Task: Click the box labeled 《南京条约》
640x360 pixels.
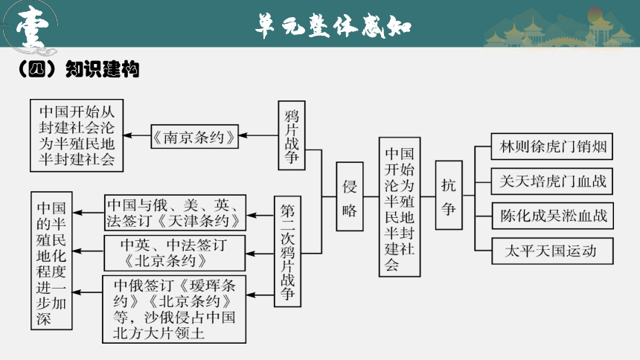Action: coord(194,136)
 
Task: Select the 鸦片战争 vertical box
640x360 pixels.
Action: coord(292,135)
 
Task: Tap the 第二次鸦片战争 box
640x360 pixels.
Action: coord(287,251)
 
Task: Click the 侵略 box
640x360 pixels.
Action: coord(349,196)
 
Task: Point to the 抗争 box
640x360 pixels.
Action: coord(449,195)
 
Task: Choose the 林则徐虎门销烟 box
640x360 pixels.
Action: coord(552,146)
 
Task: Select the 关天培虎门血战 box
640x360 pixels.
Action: coord(552,181)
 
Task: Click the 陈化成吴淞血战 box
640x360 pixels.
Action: coord(552,216)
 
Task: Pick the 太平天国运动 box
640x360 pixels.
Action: coord(552,251)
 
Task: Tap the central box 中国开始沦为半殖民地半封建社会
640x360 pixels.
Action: coord(400,207)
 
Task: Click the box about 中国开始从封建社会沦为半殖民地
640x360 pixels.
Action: coord(77,135)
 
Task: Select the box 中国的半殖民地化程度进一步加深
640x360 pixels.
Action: coord(51,260)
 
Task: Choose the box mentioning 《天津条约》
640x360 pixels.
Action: coord(175,213)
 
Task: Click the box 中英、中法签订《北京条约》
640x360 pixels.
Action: coord(175,253)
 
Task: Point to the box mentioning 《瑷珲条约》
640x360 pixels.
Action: coord(174,309)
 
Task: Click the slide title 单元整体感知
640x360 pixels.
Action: coord(333,26)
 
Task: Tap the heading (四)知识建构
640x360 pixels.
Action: coord(79,69)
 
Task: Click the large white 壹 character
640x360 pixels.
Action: coord(32,27)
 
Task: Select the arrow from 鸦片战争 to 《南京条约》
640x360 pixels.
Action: coord(258,135)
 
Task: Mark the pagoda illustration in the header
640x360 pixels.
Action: coord(559,30)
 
